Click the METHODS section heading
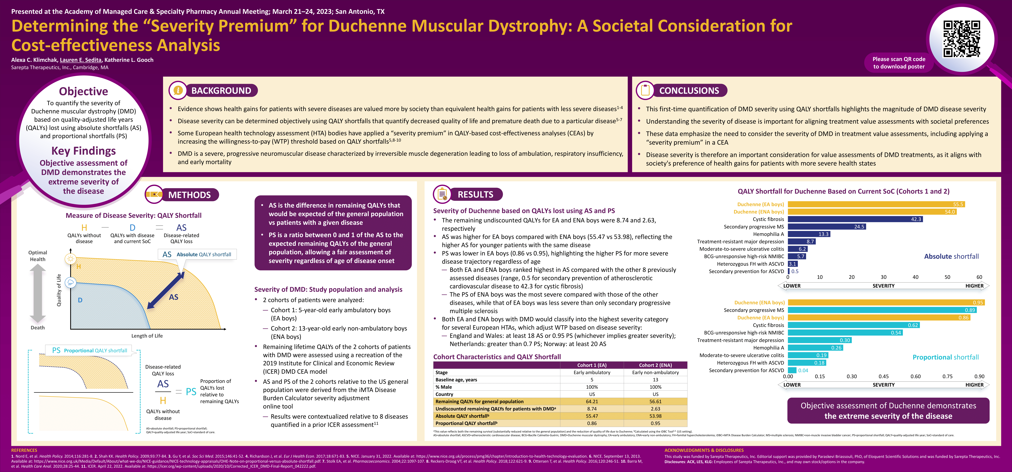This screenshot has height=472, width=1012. click(x=189, y=195)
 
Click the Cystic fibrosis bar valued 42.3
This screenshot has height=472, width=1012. click(x=855, y=219)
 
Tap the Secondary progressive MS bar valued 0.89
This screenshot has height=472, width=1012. click(x=882, y=310)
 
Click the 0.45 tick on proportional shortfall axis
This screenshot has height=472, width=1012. click(x=884, y=376)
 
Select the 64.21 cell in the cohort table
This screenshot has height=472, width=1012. click(x=592, y=401)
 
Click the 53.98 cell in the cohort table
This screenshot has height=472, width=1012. click(x=655, y=416)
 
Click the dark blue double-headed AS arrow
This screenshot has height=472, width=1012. click(x=165, y=291)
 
